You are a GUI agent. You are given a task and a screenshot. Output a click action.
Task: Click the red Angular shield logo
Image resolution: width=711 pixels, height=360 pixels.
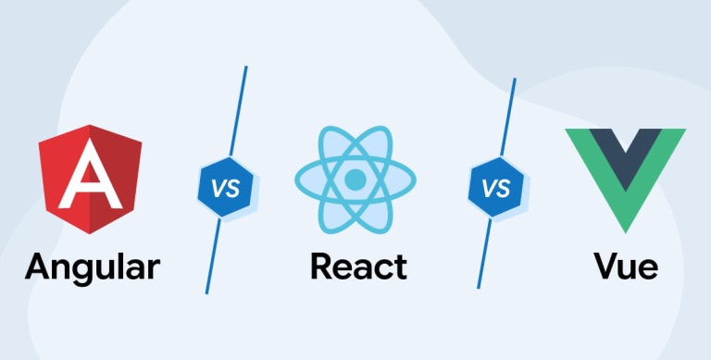click(x=90, y=180)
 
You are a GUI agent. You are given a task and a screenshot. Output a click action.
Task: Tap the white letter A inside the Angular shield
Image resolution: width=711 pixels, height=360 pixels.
click(x=90, y=175)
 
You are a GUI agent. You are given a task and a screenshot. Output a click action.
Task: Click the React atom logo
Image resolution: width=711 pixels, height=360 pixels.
click(x=355, y=180)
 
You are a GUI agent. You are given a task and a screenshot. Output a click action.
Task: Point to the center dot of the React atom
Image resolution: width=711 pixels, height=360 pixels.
click(x=355, y=180)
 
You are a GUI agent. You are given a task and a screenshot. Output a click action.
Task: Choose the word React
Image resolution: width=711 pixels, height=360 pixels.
click(x=358, y=267)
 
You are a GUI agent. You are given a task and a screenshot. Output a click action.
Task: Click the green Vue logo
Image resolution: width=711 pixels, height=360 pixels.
click(x=625, y=172)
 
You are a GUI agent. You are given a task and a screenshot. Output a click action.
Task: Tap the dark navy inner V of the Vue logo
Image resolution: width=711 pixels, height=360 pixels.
click(x=625, y=155)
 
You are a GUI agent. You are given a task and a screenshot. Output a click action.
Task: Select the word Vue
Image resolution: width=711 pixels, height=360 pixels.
click(x=626, y=267)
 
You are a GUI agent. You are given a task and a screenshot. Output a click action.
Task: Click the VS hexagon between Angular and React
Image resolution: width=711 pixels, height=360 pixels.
click(x=225, y=187)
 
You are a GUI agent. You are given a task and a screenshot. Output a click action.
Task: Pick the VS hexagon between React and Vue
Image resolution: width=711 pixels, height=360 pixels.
click(x=495, y=187)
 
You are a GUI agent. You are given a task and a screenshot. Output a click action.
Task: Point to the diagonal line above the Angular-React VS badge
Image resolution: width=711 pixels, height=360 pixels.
click(x=239, y=112)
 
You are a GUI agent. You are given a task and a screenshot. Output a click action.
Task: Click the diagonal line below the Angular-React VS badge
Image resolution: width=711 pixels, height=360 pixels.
click(x=213, y=255)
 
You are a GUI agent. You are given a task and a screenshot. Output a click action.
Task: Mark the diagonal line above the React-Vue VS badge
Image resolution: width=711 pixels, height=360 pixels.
click(x=508, y=118)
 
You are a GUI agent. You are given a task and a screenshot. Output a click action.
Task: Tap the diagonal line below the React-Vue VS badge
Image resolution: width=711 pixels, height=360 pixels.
click(x=484, y=253)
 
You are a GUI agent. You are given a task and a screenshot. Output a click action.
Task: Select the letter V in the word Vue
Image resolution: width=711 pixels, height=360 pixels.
click(x=606, y=267)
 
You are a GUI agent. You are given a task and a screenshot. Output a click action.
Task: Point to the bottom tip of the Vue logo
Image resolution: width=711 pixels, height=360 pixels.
click(x=625, y=233)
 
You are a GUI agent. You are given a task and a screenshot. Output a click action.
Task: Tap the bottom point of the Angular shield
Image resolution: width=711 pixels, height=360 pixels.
click(x=89, y=234)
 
